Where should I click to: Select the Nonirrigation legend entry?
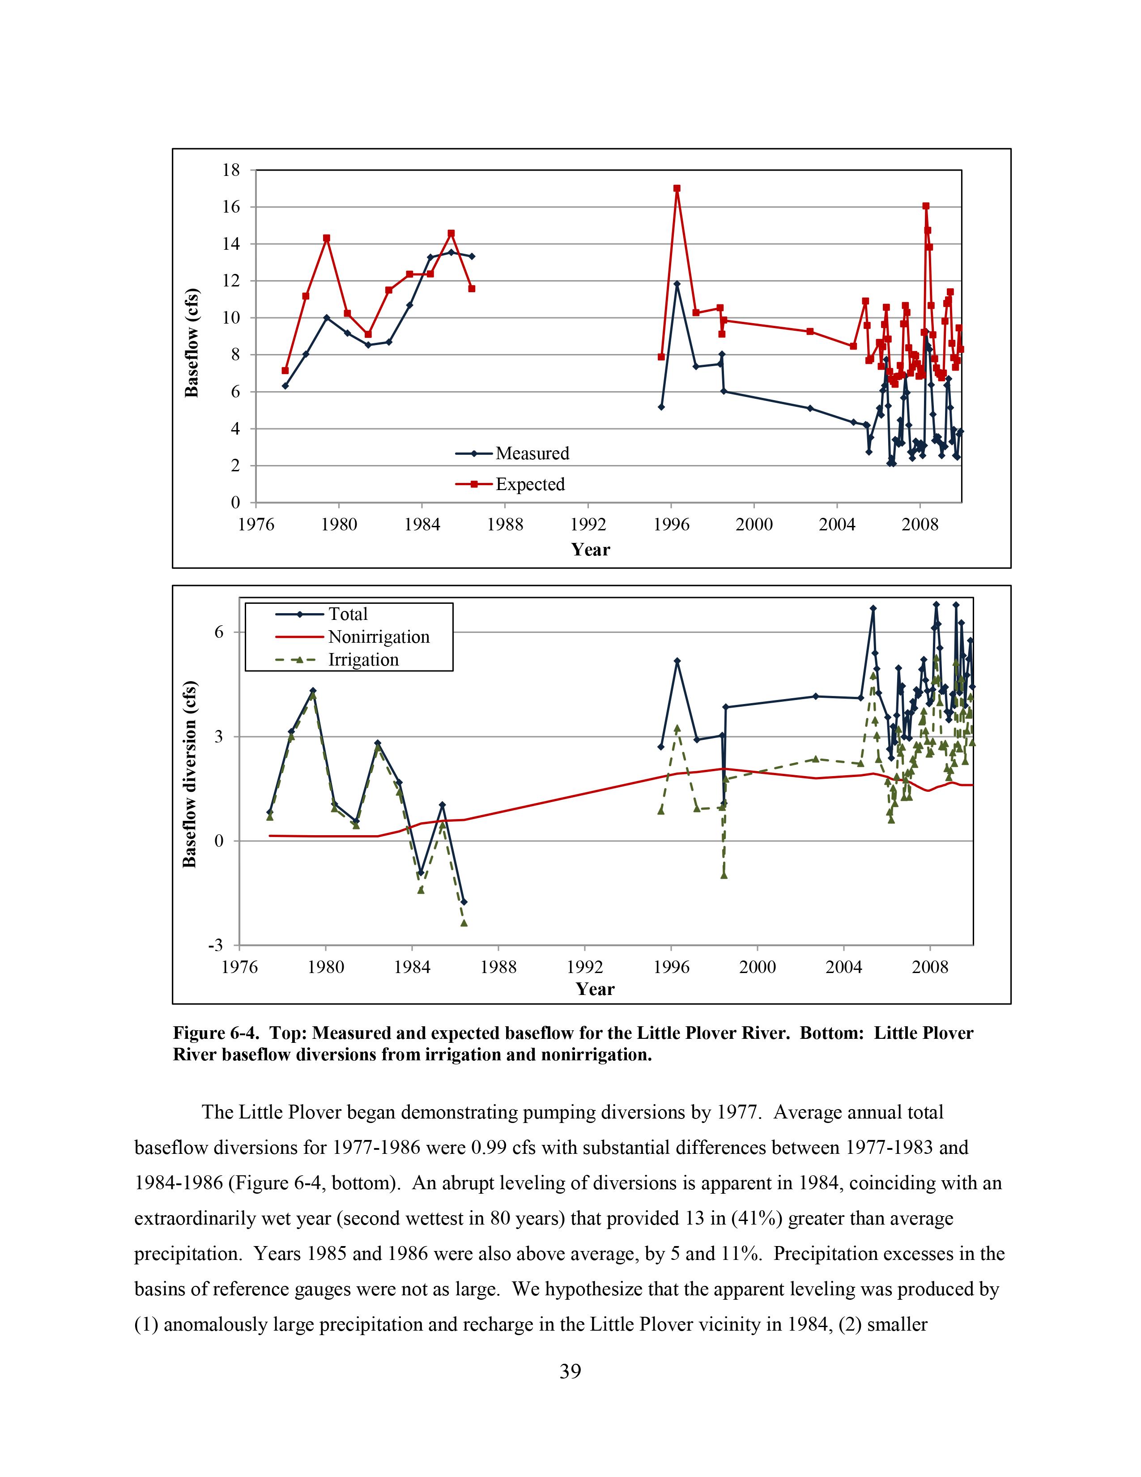tap(379, 637)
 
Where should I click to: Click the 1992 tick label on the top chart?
tap(588, 525)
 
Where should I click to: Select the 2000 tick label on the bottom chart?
tap(757, 967)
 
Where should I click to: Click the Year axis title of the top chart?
tap(590, 549)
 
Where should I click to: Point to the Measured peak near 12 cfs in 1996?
tap(677, 284)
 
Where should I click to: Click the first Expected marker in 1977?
tap(285, 371)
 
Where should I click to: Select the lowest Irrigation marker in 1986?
tap(464, 922)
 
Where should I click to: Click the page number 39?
tap(570, 1371)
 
